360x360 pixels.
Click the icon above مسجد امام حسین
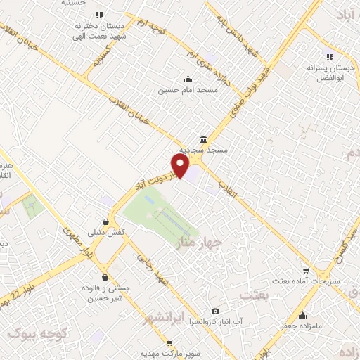pos(188,79)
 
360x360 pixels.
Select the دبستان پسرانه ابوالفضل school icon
pos(328,57)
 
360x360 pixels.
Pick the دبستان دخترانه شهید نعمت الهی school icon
pos(100,14)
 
